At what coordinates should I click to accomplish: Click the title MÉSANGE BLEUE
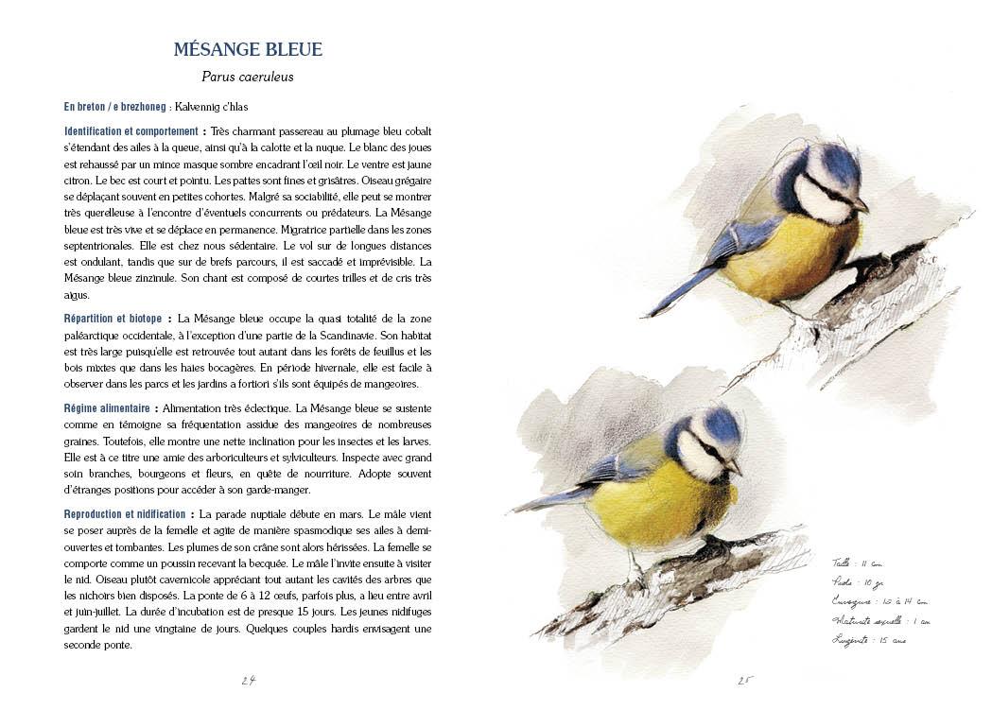tap(248, 49)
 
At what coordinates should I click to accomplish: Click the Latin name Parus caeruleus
tap(248, 77)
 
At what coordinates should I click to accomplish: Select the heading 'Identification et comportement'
tap(131, 131)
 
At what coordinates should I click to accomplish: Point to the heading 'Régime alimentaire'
tap(108, 408)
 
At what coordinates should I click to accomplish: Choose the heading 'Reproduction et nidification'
tap(125, 514)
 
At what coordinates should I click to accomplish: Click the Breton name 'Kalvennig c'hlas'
tap(211, 108)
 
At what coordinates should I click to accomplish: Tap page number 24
tap(249, 680)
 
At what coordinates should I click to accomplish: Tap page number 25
tap(745, 680)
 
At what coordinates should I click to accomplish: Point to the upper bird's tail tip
tap(651, 314)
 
